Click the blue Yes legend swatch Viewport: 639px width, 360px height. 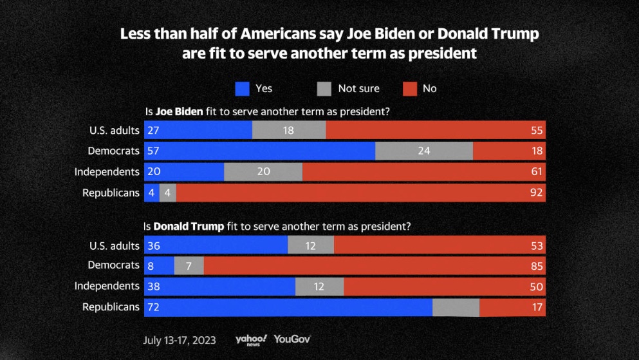coord(242,88)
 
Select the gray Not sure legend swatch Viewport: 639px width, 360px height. coord(324,88)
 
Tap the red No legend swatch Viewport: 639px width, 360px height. coord(409,88)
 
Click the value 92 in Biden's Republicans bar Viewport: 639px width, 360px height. coord(537,192)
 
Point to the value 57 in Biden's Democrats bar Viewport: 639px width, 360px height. coord(153,151)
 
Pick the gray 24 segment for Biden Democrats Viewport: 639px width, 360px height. coord(423,151)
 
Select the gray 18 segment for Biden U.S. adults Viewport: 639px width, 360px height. coord(288,131)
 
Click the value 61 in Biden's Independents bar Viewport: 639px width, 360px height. coord(537,172)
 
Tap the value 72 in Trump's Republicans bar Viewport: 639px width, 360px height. coord(153,307)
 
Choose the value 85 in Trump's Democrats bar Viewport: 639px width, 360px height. coord(537,266)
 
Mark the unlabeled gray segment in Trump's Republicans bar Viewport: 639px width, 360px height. coord(456,307)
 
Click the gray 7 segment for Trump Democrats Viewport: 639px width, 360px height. coord(189,266)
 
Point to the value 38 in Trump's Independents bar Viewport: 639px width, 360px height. coord(153,287)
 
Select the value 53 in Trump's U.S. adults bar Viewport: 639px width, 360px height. coord(537,245)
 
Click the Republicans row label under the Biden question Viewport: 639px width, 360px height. coord(111,192)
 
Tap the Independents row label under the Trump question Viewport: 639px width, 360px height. coord(107,286)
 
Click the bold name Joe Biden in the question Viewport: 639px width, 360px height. coord(180,111)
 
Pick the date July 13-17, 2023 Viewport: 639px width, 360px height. coord(180,339)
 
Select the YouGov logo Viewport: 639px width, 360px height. coord(292,339)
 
